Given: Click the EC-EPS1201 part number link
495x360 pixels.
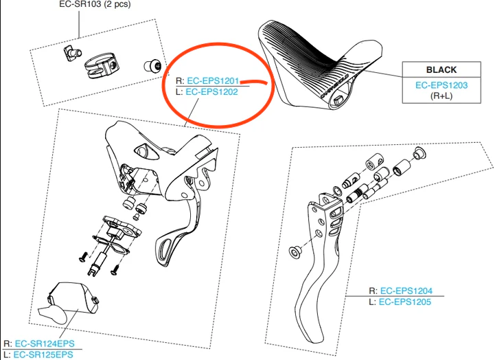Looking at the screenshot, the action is [213, 81].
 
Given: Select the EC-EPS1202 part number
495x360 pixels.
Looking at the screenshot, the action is [211, 92].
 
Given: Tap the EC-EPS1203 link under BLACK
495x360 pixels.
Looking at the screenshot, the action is [441, 85].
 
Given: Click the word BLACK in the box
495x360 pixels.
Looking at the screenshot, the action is [441, 69].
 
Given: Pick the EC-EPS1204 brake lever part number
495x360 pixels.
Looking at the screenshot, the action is [406, 291].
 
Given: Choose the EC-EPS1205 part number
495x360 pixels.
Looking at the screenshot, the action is [404, 302].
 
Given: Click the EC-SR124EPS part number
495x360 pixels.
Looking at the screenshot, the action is [45, 344].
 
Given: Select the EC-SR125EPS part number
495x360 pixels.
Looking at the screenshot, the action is [43, 355].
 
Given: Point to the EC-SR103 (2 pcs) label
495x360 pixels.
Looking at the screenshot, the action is [95, 4].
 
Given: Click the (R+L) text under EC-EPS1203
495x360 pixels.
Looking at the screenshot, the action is [441, 95].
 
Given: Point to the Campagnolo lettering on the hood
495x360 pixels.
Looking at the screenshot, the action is [334, 86].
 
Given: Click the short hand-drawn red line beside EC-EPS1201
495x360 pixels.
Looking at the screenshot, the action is [254, 82].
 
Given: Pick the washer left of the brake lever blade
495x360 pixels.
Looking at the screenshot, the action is [296, 252].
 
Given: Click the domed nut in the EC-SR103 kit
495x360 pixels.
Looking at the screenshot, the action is [153, 66].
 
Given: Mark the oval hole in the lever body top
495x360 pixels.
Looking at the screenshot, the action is [146, 153].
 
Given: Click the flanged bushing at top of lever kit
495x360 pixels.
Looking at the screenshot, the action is [419, 153].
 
